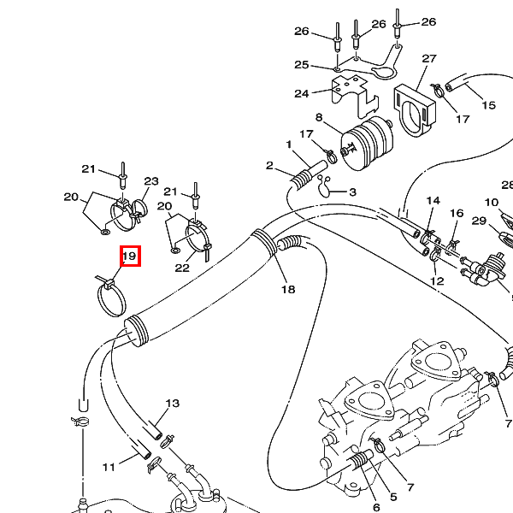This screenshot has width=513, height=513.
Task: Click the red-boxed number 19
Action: pos(129,256)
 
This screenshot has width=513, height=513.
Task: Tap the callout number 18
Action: pos(288,290)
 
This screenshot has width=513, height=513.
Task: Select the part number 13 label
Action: pos(173,403)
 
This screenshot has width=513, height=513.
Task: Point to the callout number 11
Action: pos(109,467)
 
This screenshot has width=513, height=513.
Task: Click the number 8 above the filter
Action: pos(319,117)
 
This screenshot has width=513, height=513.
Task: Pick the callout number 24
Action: pos(301,93)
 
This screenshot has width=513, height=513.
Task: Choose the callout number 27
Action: pos(429,59)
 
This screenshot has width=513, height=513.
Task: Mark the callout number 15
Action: pos(489,105)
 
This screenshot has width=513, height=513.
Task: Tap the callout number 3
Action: pos(352,192)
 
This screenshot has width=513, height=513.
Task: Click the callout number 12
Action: pos(438,280)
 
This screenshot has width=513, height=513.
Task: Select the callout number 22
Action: pos(182,268)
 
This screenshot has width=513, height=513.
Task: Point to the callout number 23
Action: pos(151,181)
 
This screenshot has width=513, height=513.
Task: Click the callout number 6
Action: pos(375,507)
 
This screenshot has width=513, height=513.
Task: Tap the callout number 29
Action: pos(479,221)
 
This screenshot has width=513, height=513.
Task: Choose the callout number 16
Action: pos(457,213)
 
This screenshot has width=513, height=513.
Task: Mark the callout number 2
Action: pos(269,165)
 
